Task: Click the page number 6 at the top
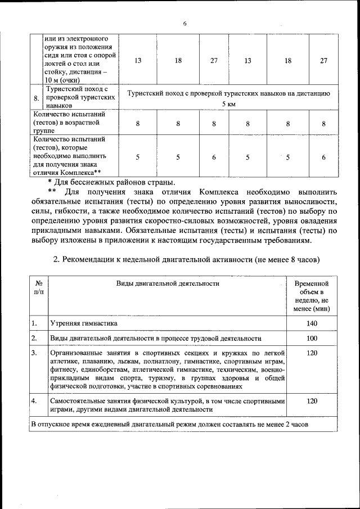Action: pos(184,23)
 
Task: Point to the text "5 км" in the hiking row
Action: pos(228,105)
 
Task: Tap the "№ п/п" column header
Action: pos(38,289)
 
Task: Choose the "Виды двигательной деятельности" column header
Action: pos(168,283)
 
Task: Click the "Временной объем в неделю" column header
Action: pos(312,296)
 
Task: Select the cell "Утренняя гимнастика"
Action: pos(84,324)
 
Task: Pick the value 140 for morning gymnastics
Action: pos(312,323)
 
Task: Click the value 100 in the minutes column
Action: pos(312,339)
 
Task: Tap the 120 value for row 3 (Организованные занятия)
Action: pos(312,353)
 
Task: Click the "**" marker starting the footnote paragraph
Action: pos(52,192)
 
